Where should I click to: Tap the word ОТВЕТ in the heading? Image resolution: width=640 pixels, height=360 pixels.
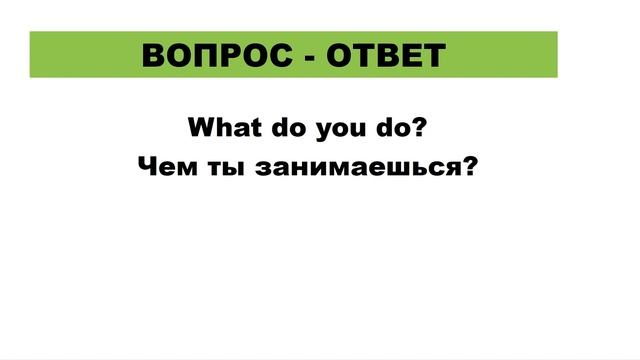pos(386,56)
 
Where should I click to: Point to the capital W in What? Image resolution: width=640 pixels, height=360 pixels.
pos(201,130)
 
